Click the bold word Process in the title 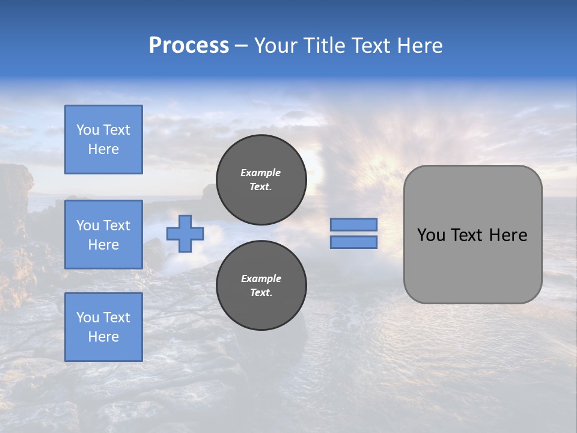click(189, 46)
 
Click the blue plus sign click(185, 233)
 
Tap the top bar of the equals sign click(353, 225)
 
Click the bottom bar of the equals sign click(353, 242)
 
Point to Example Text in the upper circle click(261, 180)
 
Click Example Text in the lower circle click(261, 286)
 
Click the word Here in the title click(420, 46)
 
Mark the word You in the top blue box click(88, 130)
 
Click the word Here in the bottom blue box click(103, 337)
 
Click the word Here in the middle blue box click(103, 245)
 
